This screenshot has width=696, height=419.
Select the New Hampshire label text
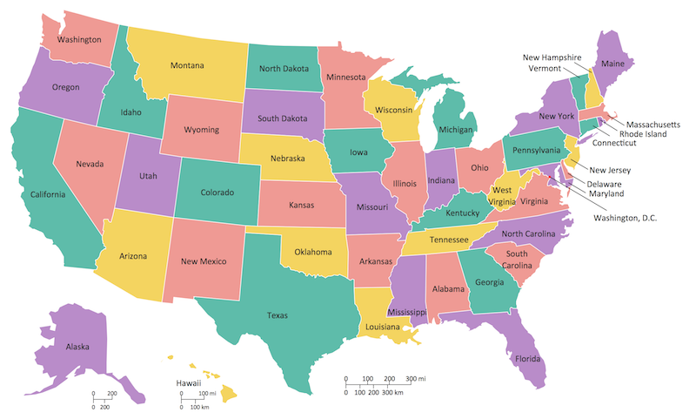[x=552, y=57]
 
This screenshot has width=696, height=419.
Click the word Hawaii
[x=189, y=382]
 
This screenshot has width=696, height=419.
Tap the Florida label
[x=527, y=359]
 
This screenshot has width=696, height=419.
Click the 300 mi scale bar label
[x=416, y=379]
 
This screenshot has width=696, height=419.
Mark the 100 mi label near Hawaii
[x=206, y=395]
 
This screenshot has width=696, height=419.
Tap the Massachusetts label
[x=653, y=125]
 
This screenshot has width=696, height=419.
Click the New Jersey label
[x=610, y=170]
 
